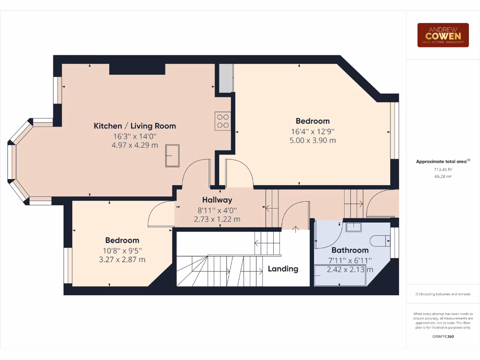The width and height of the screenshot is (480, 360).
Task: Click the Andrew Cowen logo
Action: (443, 35)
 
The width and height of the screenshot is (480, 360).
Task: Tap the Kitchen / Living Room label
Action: (135, 126)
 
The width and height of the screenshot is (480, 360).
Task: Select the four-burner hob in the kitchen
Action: (222, 121)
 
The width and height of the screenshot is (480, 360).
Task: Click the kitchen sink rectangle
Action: (172, 156)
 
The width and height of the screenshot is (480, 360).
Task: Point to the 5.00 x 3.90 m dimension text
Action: (313, 140)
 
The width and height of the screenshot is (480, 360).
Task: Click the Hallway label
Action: (217, 200)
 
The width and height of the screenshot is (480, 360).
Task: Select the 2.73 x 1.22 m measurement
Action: (217, 219)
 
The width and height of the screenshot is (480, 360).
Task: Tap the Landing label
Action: (283, 269)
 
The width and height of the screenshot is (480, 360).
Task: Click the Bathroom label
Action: (350, 250)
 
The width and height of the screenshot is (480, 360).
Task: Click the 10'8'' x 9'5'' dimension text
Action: (122, 250)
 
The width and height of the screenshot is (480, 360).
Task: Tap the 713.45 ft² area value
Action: (442, 170)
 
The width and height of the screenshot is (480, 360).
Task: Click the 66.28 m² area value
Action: (442, 176)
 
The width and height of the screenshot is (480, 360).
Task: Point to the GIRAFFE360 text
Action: (442, 337)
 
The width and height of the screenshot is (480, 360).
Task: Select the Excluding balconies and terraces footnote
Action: (442, 294)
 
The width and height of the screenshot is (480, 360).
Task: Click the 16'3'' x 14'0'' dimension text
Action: (135, 136)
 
